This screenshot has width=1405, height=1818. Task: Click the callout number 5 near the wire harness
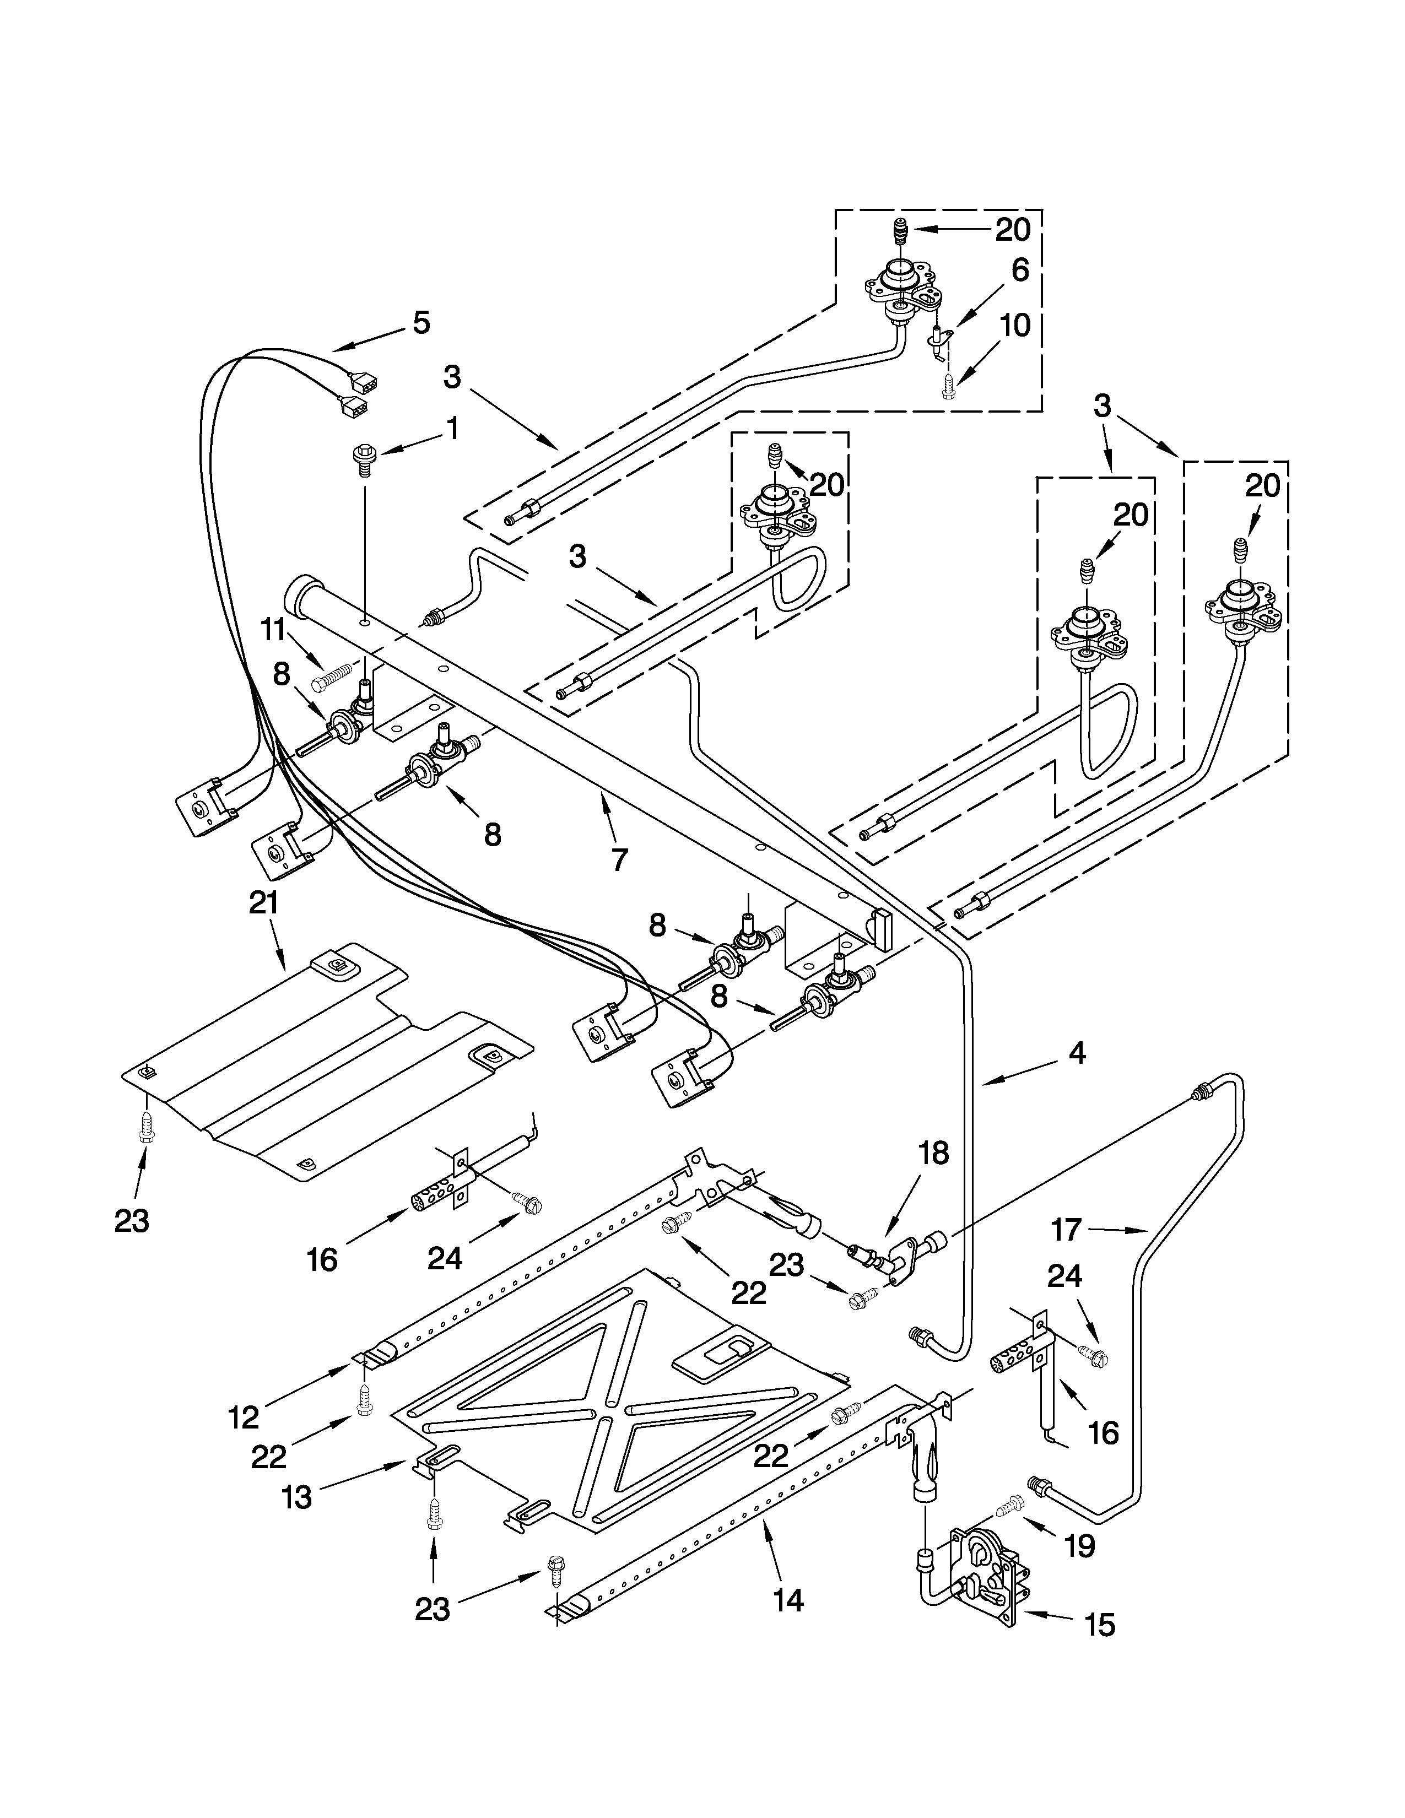click(421, 323)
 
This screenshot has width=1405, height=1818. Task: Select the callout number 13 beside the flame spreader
click(296, 1497)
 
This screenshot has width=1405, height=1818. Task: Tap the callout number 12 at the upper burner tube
click(243, 1417)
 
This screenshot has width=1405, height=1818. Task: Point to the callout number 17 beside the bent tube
click(1066, 1229)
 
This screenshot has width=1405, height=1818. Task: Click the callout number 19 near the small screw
click(1079, 1546)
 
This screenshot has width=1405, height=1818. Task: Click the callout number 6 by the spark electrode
click(1020, 270)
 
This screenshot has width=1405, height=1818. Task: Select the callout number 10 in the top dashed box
click(1014, 326)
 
